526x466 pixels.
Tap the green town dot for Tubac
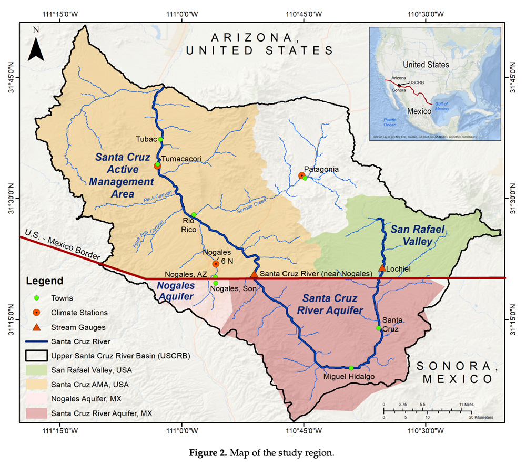[160, 139]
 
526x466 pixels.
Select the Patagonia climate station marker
[301, 175]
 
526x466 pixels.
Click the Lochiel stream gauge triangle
[382, 268]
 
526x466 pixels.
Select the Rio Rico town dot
[194, 214]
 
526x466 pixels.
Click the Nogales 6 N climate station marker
[216, 264]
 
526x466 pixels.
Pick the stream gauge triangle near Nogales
[254, 274]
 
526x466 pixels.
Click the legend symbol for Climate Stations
[36, 313]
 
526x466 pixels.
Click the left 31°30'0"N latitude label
[11, 199]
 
